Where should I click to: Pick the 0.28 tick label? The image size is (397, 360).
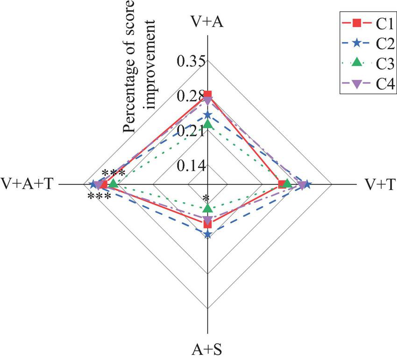[x=188, y=97]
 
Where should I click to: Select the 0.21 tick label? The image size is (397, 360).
[x=188, y=131]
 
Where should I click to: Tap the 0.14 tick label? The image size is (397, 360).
[x=188, y=166]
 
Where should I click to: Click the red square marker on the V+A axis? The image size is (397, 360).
[x=208, y=95]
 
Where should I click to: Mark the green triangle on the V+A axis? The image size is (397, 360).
[x=208, y=124]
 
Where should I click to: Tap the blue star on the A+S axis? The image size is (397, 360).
[x=208, y=235]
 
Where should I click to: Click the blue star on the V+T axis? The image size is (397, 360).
[x=307, y=185]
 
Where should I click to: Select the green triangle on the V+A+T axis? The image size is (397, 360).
[x=113, y=184]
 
